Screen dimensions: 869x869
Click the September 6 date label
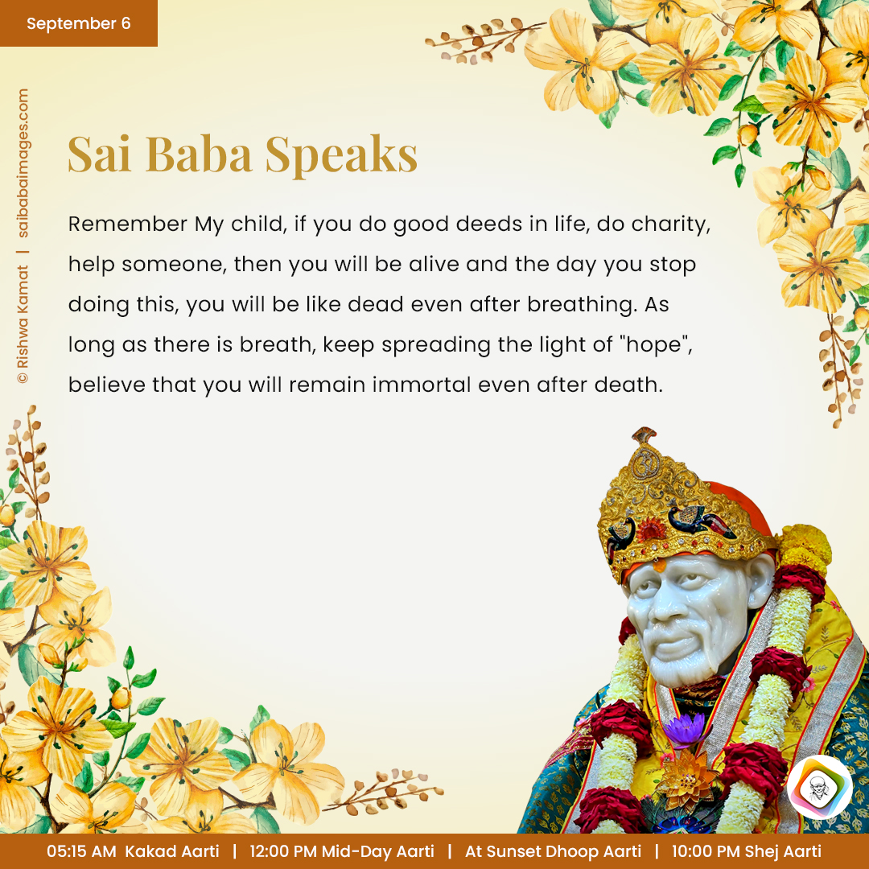(79, 23)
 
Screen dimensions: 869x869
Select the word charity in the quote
(670, 224)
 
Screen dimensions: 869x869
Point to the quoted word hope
(658, 345)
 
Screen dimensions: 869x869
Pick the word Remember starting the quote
(128, 224)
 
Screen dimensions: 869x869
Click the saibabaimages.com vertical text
(23, 163)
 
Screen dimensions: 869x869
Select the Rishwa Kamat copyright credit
(23, 324)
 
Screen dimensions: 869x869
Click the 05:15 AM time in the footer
(81, 851)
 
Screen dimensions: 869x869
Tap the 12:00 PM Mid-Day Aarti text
(342, 851)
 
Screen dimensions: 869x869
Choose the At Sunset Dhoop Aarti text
(553, 851)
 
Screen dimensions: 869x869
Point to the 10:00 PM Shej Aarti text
(746, 851)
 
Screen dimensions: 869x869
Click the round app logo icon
(820, 787)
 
